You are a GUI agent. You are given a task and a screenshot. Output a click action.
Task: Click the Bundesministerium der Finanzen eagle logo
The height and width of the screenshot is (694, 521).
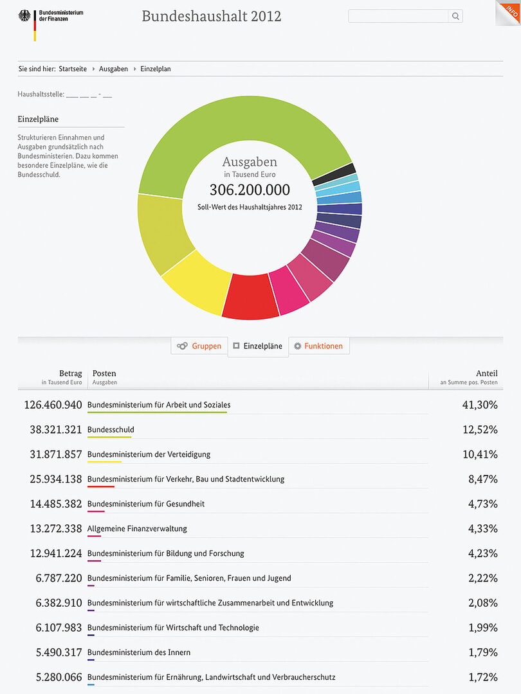pos(26,16)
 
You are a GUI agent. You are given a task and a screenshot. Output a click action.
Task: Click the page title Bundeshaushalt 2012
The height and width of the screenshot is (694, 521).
pos(211,16)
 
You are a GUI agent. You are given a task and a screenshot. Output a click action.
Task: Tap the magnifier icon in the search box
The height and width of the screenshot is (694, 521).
pos(455,17)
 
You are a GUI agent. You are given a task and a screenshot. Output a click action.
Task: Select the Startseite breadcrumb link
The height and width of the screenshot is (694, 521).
pos(73,69)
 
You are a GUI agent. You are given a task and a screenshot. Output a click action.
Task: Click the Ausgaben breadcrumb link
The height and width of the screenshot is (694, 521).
pos(113,69)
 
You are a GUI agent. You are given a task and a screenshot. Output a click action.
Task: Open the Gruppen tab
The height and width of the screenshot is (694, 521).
pos(199,346)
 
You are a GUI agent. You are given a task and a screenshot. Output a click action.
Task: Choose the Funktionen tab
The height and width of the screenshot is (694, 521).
pos(318,346)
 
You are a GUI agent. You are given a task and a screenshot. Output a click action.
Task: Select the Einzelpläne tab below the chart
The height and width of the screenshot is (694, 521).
pos(258,346)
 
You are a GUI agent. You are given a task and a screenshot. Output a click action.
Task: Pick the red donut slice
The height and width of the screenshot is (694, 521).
pos(250,296)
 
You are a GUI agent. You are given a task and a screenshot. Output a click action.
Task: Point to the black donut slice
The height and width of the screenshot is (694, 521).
pos(333,174)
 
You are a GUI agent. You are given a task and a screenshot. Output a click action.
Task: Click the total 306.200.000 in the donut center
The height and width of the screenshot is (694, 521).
pos(250,190)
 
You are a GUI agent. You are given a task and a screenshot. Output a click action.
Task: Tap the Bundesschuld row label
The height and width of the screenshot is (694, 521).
pos(111,429)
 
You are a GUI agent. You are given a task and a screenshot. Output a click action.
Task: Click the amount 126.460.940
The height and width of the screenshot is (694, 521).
pos(53,405)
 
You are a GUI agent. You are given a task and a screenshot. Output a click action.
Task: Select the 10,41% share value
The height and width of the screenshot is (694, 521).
pos(480,454)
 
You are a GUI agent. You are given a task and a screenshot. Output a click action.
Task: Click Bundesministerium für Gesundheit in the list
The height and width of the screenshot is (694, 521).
pos(146,504)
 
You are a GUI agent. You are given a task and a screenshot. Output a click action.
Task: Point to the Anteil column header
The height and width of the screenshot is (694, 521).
pos(486,373)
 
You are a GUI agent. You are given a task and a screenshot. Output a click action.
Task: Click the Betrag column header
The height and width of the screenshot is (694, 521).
pos(70,373)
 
